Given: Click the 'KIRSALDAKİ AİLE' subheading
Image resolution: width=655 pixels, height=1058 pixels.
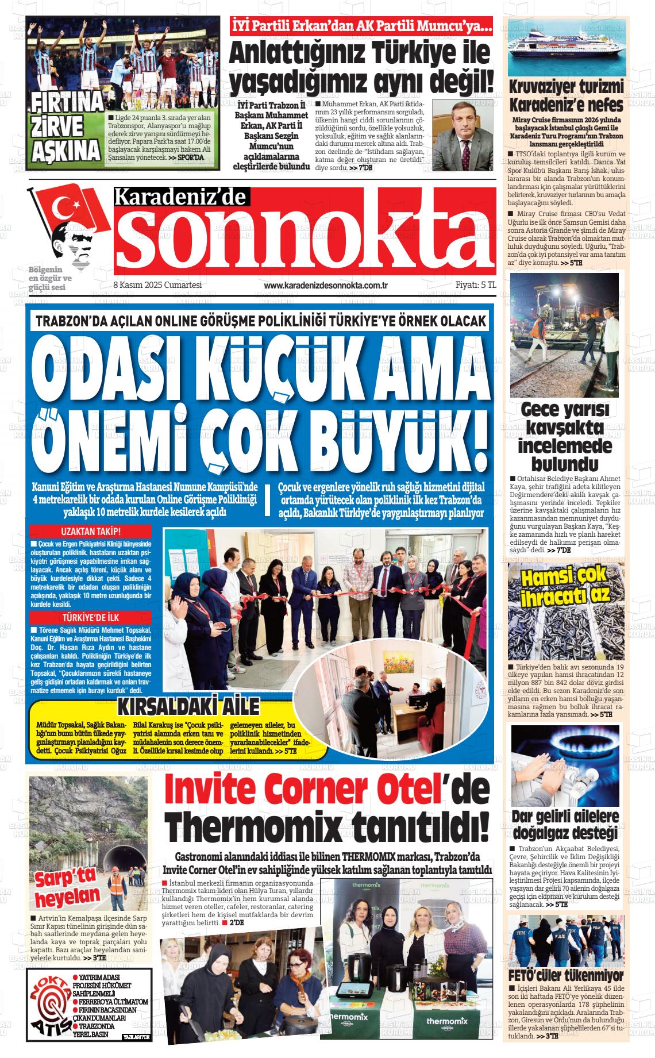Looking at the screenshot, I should tap(189, 706).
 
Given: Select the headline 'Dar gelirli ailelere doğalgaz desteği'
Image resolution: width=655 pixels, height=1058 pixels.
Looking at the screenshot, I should tap(565, 824).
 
